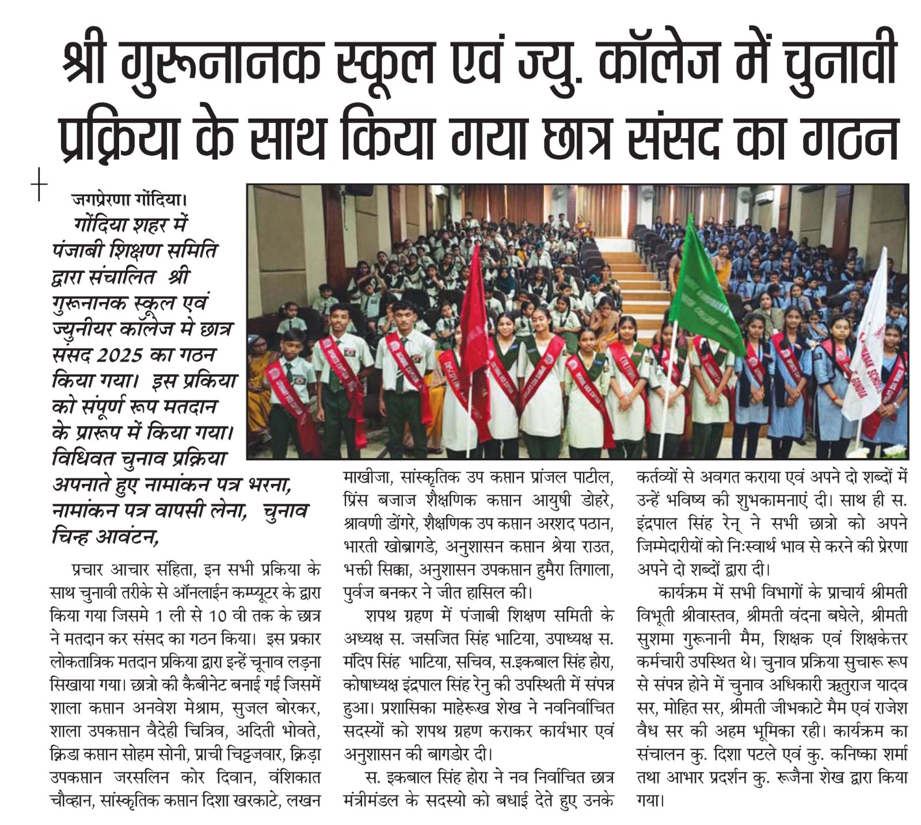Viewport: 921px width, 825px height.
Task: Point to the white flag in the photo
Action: tap(866, 345)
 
